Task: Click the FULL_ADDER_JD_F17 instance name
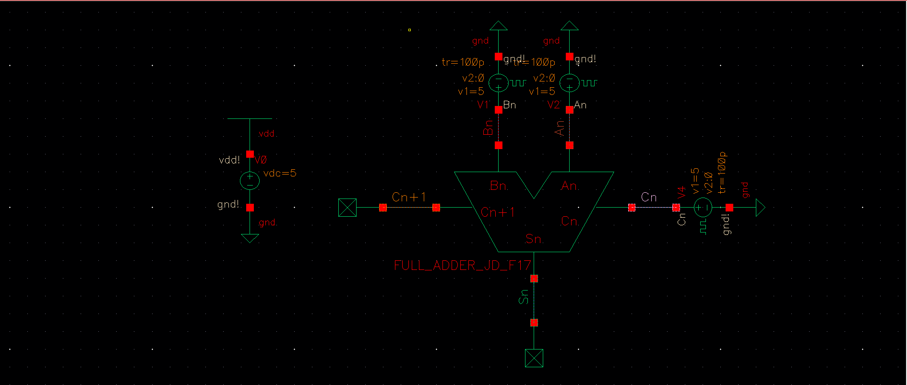(462, 266)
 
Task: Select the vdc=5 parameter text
(280, 173)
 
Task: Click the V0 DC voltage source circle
(250, 181)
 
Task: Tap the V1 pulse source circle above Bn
(499, 83)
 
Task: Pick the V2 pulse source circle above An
(570, 83)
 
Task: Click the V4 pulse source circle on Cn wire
(703, 207)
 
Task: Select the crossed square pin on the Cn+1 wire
(347, 208)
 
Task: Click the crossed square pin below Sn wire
(534, 358)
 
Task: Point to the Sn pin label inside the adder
(533, 238)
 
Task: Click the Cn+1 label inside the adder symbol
(498, 212)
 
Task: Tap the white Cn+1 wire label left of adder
(409, 197)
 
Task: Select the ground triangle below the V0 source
(250, 238)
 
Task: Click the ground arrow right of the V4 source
(760, 208)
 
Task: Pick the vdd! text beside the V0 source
(229, 160)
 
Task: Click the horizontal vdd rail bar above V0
(250, 118)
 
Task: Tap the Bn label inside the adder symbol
(498, 186)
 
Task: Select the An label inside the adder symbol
(569, 186)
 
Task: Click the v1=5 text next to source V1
(471, 92)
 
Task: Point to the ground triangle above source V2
(570, 26)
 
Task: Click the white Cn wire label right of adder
(649, 197)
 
